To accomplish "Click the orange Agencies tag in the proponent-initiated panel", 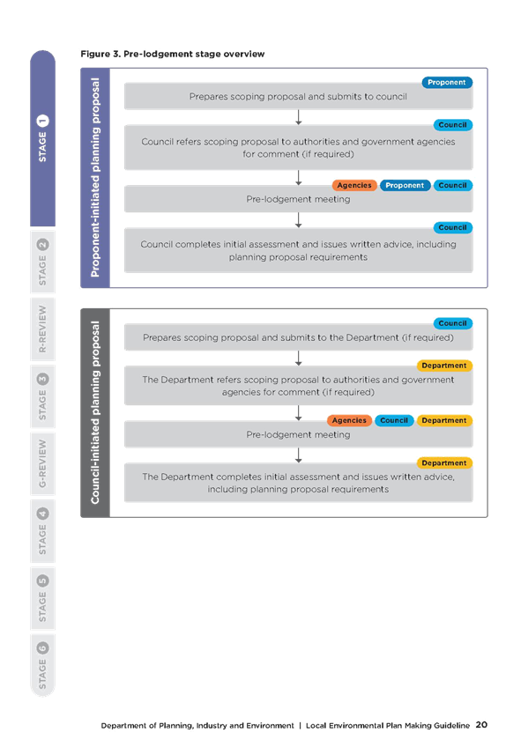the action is (354, 185).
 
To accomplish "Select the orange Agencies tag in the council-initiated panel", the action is (349, 420).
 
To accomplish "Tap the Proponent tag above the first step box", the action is (447, 83).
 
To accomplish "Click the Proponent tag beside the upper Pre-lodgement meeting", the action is (405, 185).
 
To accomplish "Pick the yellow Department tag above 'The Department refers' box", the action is (444, 366).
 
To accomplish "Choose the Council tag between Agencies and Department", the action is (394, 420).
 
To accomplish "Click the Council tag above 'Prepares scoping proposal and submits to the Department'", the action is (453, 323).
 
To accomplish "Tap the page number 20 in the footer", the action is (481, 725).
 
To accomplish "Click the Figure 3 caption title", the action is (173, 54).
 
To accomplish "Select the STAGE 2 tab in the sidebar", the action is (42, 262).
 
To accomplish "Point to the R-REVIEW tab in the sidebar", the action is (42, 329).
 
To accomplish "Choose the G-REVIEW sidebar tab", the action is (42, 463).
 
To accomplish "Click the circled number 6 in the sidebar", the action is (42, 648).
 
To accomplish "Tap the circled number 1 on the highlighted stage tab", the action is (42, 121).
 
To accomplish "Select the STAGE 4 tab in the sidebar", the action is (42, 530).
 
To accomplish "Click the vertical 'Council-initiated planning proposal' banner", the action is (95, 412).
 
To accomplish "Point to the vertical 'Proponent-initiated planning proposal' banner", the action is (95, 178).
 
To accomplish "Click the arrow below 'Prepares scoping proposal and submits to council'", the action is (298, 117).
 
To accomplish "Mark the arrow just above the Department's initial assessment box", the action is (298, 455).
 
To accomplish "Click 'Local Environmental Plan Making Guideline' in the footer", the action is (388, 726).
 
